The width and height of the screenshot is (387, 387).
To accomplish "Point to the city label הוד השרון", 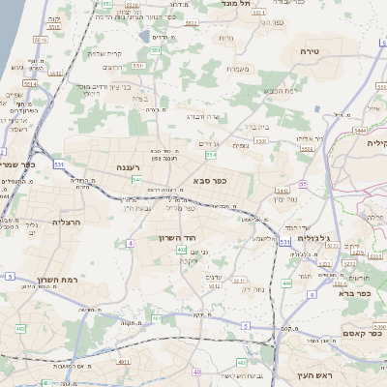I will point(178,236).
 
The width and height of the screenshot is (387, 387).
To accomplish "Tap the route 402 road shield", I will point(181,250).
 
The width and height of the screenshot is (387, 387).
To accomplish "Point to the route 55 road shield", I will point(303,183).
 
